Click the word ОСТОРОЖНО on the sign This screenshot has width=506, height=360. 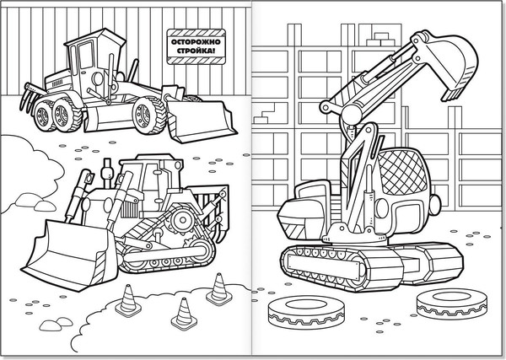click(x=196, y=42)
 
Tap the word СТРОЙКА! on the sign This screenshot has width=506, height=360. click(x=196, y=51)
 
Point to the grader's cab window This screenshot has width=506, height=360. click(x=85, y=55)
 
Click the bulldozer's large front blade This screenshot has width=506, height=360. click(x=68, y=255)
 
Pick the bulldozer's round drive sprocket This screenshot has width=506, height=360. click(x=183, y=220)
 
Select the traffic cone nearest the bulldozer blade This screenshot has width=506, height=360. click(x=128, y=301)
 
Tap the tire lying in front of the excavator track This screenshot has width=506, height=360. click(x=305, y=312)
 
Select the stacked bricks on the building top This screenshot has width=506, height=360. click(x=381, y=39)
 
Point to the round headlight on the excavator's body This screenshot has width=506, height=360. click(x=382, y=207)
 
